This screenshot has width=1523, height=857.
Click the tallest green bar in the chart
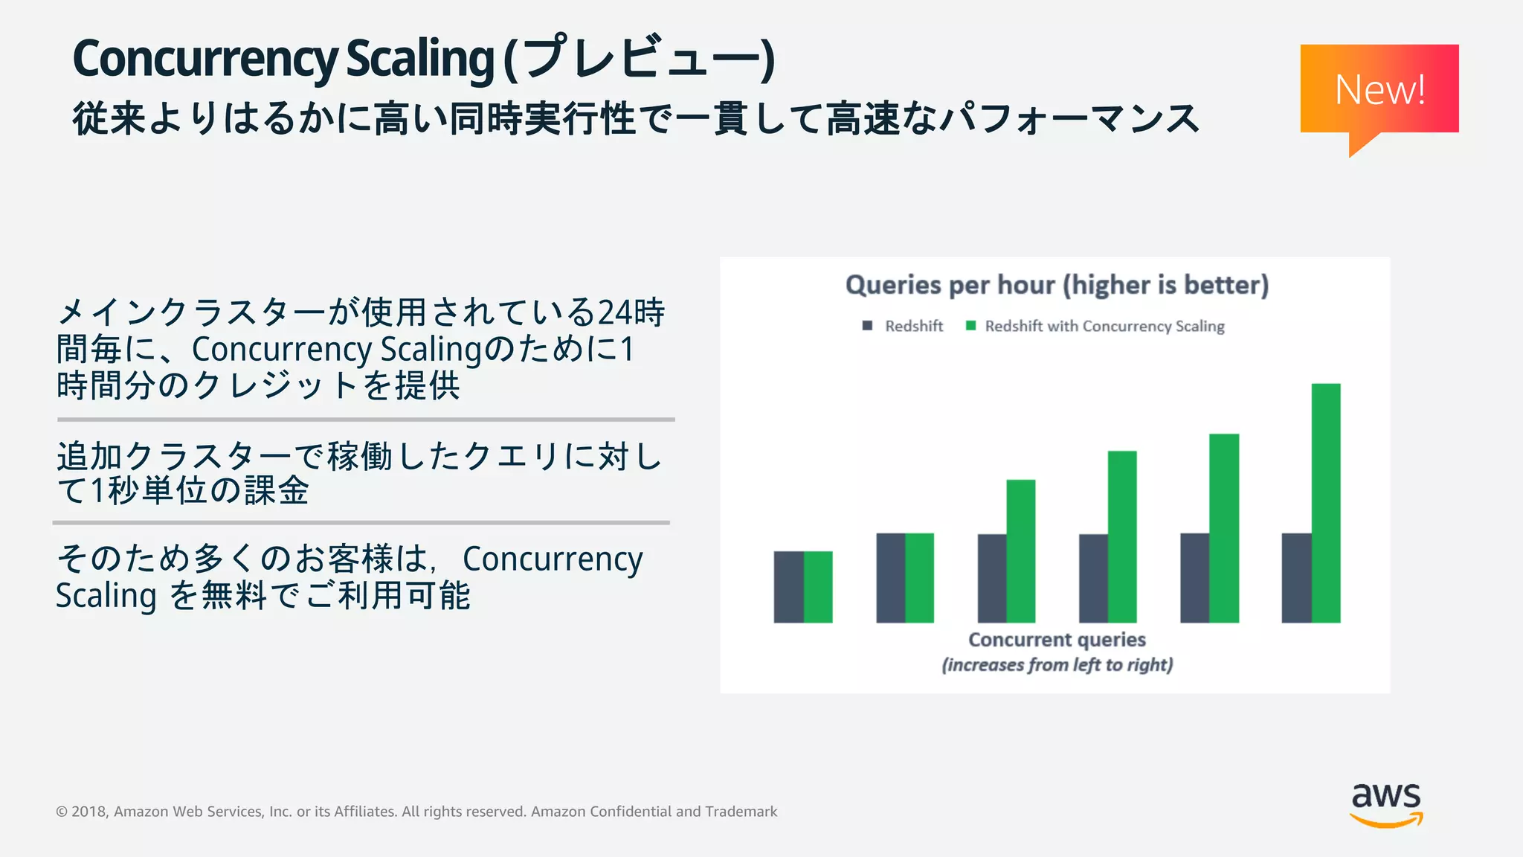pyautogui.click(x=1325, y=503)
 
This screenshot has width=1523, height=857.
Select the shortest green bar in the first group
pyautogui.click(x=818, y=587)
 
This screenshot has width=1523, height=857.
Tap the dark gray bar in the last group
pyautogui.click(x=1296, y=578)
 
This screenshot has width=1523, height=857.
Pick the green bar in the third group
pyautogui.click(x=1020, y=551)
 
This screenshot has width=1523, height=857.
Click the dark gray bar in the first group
pyautogui.click(x=788, y=587)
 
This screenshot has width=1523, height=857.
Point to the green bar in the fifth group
pyautogui.click(x=1224, y=528)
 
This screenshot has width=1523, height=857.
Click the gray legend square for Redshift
pyautogui.click(x=867, y=326)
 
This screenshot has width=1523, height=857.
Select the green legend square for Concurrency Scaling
pyautogui.click(x=970, y=326)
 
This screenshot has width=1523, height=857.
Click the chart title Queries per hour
pyautogui.click(x=1057, y=285)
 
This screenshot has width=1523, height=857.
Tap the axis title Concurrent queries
pyautogui.click(x=1057, y=640)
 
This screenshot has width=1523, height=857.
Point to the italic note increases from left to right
pyautogui.click(x=1057, y=664)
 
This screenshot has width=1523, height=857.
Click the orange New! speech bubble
pyautogui.click(x=1379, y=89)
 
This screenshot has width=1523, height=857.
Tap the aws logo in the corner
pyautogui.click(x=1386, y=803)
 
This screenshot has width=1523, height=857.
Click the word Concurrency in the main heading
pyautogui.click(x=205, y=60)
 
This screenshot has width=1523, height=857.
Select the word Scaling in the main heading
pyautogui.click(x=420, y=60)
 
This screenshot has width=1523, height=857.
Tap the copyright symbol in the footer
pyautogui.click(x=62, y=812)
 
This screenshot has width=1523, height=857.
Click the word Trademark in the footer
pyautogui.click(x=741, y=812)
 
